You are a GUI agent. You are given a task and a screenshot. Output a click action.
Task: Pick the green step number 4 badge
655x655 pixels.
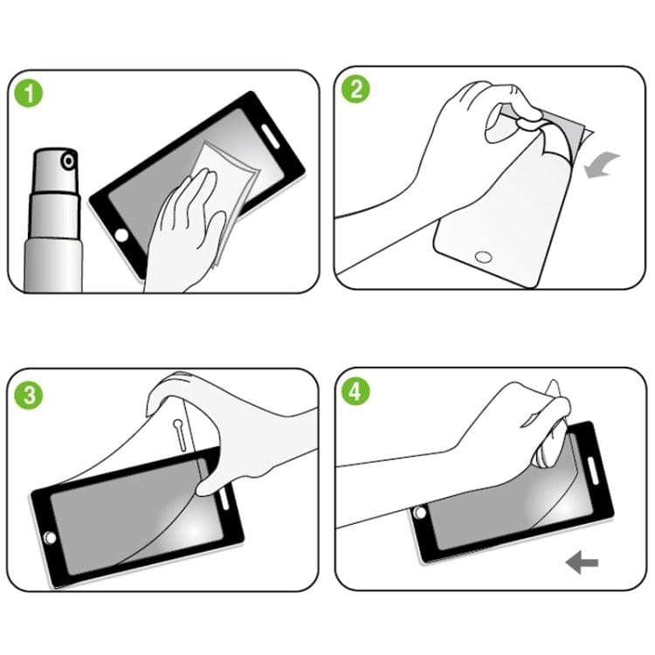point(355,393)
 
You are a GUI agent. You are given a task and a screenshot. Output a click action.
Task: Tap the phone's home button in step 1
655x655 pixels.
point(122,236)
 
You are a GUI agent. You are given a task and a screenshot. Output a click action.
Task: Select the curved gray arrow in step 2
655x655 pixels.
point(602,164)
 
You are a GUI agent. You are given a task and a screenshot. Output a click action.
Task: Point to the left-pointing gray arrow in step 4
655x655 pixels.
point(582,563)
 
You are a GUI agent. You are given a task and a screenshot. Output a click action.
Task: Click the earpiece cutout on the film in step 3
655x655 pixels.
point(178,432)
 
